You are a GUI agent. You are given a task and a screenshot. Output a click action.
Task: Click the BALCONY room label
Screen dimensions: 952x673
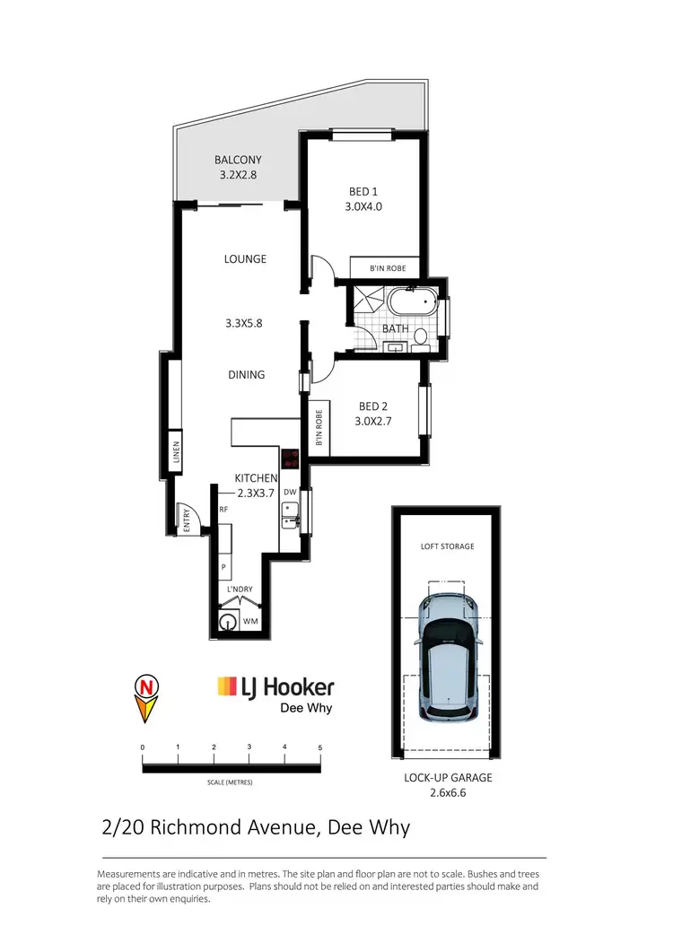point(238,160)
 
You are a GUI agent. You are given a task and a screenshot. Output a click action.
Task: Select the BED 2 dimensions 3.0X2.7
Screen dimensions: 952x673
point(373,422)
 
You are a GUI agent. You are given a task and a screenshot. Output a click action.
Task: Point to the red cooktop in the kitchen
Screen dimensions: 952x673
point(290,459)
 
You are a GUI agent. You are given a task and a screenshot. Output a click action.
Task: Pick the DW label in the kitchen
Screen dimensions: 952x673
point(290,493)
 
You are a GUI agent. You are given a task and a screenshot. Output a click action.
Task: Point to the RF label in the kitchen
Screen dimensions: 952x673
point(223,509)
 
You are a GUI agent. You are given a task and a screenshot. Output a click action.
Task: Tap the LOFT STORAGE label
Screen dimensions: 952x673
point(447,546)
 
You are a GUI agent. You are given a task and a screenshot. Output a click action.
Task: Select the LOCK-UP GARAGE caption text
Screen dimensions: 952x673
point(448,778)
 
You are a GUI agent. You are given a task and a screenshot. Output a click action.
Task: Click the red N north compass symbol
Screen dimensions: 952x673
point(142,686)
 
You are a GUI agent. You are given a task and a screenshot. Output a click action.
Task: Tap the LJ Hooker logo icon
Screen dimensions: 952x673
point(224,686)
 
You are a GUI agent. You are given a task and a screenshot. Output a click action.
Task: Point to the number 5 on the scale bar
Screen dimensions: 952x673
point(319,747)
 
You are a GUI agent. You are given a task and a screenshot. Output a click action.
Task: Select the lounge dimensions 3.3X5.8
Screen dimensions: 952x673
point(245,324)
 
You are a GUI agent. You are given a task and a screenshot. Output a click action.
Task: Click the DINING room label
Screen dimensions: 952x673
point(246,374)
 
